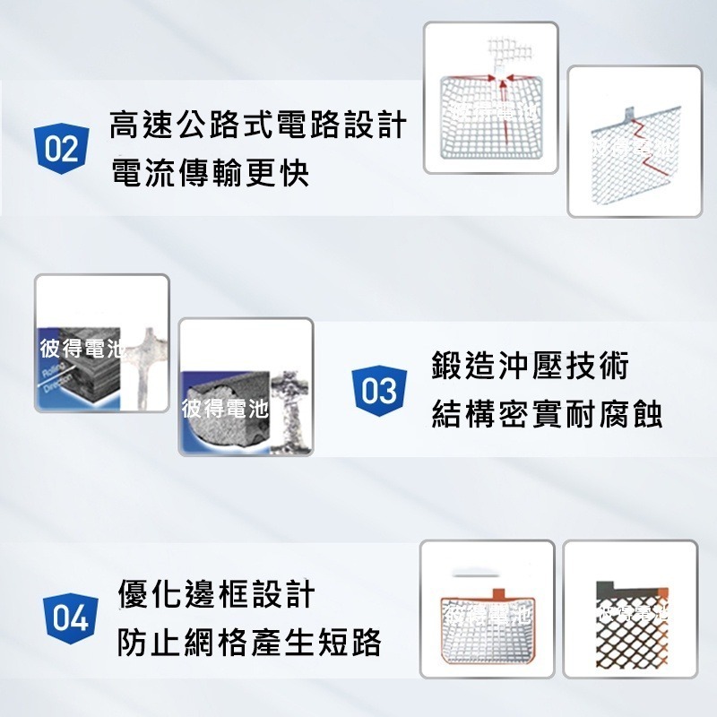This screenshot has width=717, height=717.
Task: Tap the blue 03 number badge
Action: point(378,391)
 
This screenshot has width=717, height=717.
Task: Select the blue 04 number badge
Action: point(70,618)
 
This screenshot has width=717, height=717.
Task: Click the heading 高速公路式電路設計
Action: point(258,125)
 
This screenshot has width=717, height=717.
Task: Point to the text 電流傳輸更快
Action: point(210,173)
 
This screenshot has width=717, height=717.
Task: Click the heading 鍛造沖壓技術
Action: point(530,366)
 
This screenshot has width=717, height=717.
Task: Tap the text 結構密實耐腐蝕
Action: point(547,414)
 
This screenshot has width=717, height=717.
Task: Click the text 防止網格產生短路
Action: point(249,642)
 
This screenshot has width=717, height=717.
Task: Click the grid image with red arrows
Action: point(490,98)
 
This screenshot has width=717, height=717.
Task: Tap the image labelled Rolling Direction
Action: point(101,342)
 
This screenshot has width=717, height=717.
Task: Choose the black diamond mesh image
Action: point(630,621)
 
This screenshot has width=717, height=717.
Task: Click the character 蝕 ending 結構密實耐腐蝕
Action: point(648,414)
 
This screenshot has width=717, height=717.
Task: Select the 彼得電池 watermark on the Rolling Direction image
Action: point(81,350)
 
